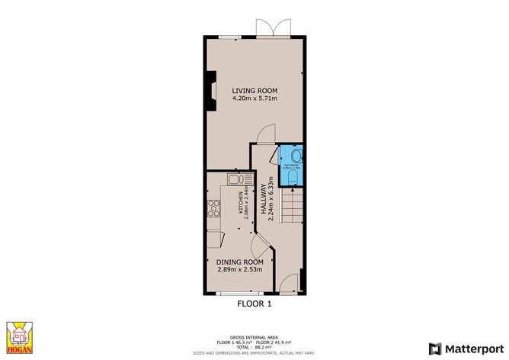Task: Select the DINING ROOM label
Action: tap(235, 262)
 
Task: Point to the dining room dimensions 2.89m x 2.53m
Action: tap(235, 269)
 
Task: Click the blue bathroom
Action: tap(292, 165)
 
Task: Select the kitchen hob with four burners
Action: tap(213, 208)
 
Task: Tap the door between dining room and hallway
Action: tap(261, 246)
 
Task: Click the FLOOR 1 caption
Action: tap(254, 304)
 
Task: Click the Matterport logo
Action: tap(467, 349)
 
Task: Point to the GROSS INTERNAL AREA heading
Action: tap(254, 335)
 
